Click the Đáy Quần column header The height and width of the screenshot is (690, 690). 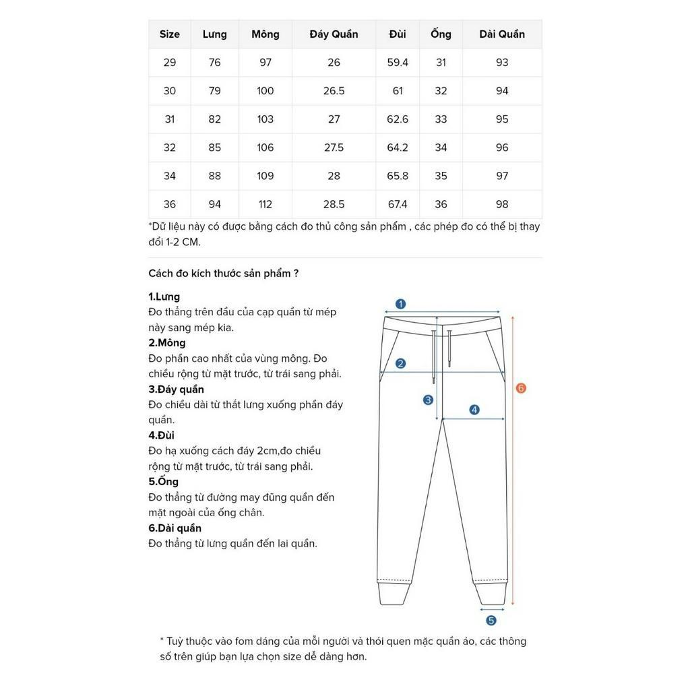click(334, 34)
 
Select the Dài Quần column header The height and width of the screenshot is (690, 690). click(502, 34)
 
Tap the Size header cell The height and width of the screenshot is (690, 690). click(170, 34)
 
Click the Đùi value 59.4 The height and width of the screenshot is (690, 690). click(398, 63)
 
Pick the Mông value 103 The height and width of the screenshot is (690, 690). click(265, 119)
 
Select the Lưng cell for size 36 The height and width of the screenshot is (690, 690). click(215, 204)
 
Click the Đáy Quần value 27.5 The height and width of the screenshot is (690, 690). click(334, 148)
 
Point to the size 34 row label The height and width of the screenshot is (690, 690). click(170, 176)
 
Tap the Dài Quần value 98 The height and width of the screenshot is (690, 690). click(502, 204)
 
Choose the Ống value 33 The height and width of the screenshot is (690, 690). click(441, 119)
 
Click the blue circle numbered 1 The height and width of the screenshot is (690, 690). click(400, 304)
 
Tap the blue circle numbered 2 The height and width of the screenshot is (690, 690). click(400, 364)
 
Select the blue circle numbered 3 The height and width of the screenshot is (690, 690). click(428, 400)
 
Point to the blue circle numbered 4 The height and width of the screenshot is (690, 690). click(474, 410)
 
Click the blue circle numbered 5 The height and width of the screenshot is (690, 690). click(491, 621)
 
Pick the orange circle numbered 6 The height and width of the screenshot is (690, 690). click(521, 388)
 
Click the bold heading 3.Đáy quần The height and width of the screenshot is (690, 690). click(176, 389)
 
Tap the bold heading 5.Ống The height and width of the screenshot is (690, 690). click(164, 482)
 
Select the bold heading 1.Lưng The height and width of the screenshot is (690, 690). click(164, 296)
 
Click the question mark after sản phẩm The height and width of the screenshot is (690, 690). click(296, 274)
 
